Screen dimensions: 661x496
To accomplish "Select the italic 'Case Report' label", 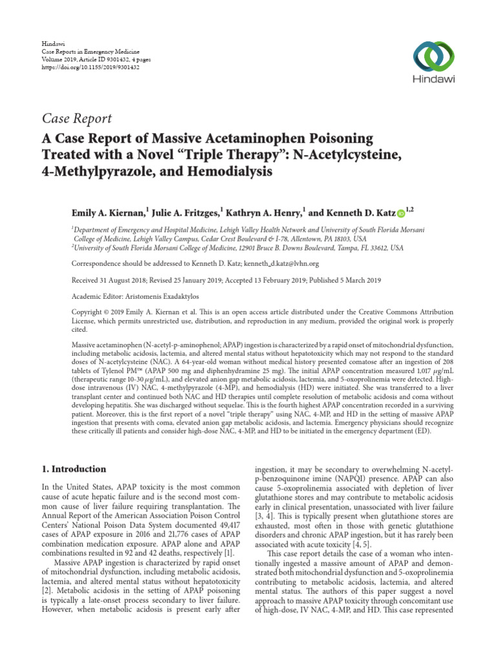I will (77, 118).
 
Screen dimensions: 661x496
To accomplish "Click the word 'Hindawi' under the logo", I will (429, 79).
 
